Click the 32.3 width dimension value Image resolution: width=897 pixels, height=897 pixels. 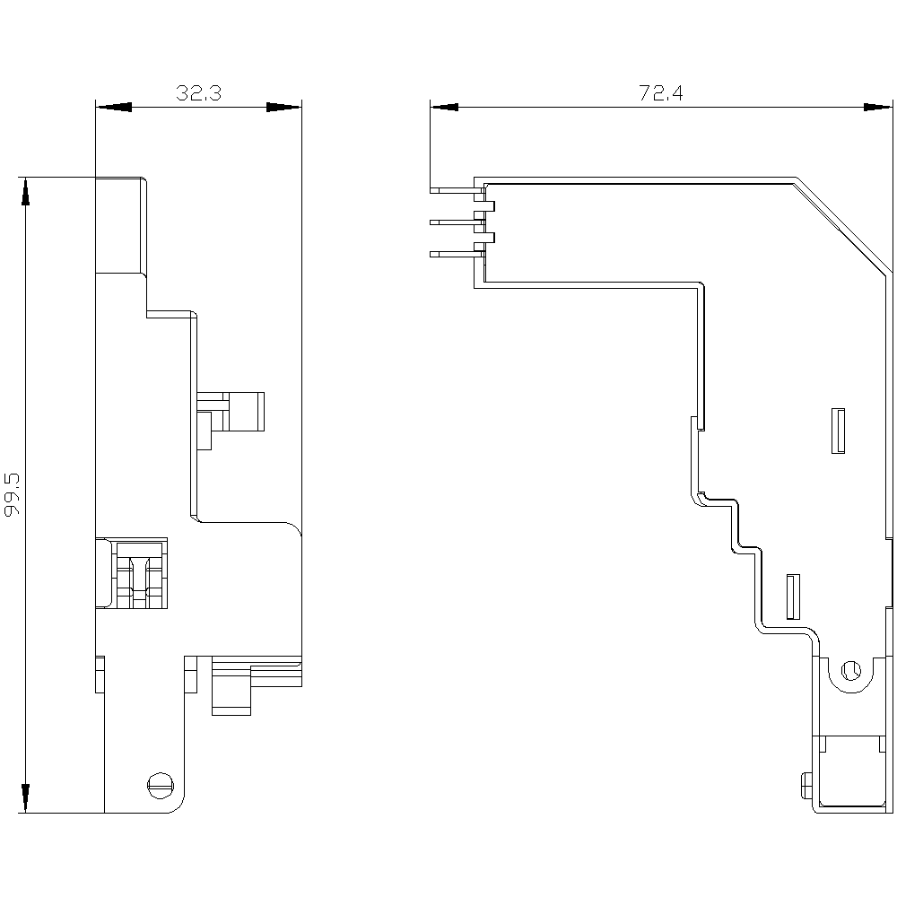tap(198, 93)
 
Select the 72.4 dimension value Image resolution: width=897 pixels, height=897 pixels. tap(661, 93)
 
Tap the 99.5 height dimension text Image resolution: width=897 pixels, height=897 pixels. tap(13, 494)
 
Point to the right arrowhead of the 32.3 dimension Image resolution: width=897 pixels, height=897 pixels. tap(283, 108)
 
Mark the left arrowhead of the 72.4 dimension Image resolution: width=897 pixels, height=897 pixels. tap(445, 108)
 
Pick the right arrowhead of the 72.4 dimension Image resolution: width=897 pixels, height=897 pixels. tap(878, 108)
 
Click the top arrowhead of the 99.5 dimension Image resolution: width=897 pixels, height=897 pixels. tap(25, 193)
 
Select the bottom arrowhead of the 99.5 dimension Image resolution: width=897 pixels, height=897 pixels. tap(25, 797)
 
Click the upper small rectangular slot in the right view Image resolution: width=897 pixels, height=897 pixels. tap(840, 431)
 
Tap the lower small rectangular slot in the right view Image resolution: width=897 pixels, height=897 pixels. tap(792, 597)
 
